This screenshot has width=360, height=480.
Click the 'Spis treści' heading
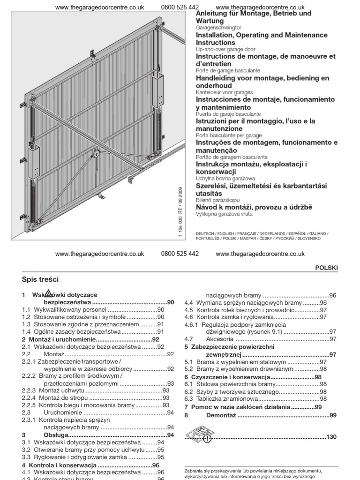(40, 279)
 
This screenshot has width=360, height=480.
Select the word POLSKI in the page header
(328, 267)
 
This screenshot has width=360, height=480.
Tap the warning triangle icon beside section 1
(47, 294)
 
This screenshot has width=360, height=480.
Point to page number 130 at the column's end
(331, 437)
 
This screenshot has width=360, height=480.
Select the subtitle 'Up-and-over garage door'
(225, 49)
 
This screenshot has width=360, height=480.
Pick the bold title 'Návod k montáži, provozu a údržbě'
(254, 207)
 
